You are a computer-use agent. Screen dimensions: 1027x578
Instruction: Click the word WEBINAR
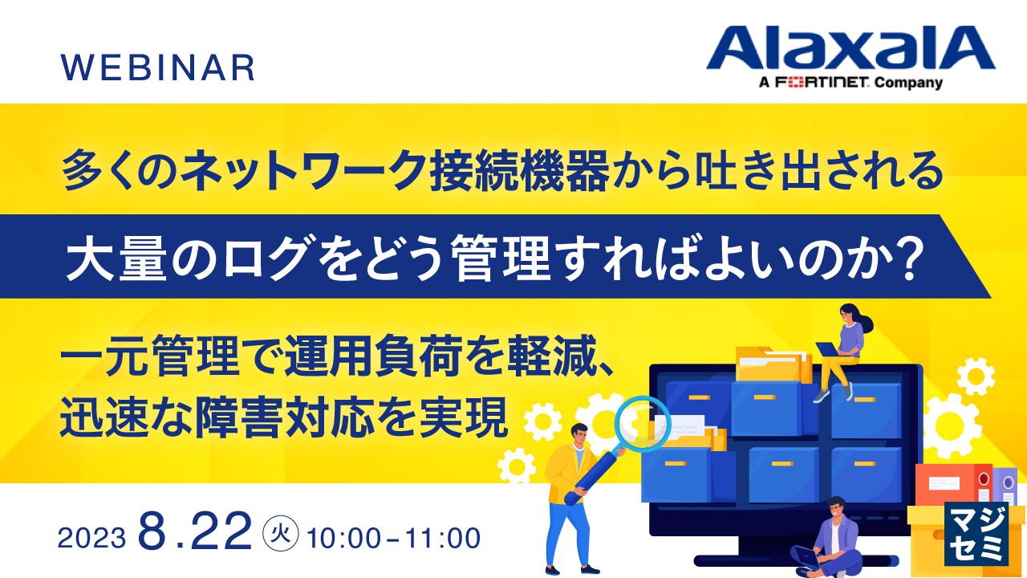(158, 68)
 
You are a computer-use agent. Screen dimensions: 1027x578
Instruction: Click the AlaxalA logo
(850, 47)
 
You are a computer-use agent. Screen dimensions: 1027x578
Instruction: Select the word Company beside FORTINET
(908, 83)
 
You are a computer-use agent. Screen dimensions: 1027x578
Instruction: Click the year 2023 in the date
(91, 538)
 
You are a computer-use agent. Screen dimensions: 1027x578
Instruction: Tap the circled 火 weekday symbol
(281, 534)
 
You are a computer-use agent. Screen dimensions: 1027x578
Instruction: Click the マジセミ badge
(976, 534)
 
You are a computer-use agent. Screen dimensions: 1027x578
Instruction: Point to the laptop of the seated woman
(827, 349)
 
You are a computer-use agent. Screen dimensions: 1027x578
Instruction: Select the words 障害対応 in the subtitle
(285, 417)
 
